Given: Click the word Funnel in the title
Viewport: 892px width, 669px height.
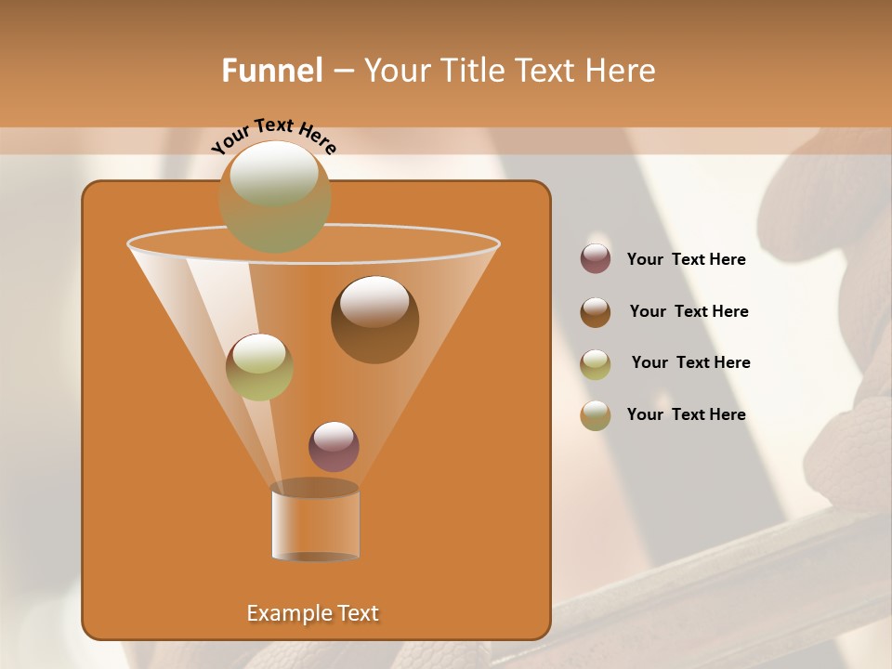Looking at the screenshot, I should pos(272,71).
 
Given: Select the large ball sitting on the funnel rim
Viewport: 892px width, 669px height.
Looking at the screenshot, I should pos(274,196).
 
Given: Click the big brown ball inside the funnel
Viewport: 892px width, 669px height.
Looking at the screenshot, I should pos(374,320).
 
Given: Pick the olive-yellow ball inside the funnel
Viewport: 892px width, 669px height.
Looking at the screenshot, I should pos(259,367).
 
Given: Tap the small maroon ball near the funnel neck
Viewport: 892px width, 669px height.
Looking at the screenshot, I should pos(334,447).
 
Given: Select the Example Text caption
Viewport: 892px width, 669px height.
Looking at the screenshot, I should pos(312,613).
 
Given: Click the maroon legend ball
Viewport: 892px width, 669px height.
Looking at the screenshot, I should pos(596,259).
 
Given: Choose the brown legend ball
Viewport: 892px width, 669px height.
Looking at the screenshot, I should pos(596,312).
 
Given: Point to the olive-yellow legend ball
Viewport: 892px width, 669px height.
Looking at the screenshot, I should pos(596,364).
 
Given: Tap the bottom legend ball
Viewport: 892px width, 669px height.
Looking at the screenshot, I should pos(596,415).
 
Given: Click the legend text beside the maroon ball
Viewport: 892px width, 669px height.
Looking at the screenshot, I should pos(686,259).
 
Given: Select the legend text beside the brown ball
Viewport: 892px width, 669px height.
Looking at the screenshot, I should pos(689,311).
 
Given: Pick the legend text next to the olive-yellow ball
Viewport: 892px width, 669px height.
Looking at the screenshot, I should pos(690,362).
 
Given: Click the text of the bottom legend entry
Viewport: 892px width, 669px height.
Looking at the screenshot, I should pos(686,414).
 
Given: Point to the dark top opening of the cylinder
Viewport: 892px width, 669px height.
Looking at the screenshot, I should pos(315,488).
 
